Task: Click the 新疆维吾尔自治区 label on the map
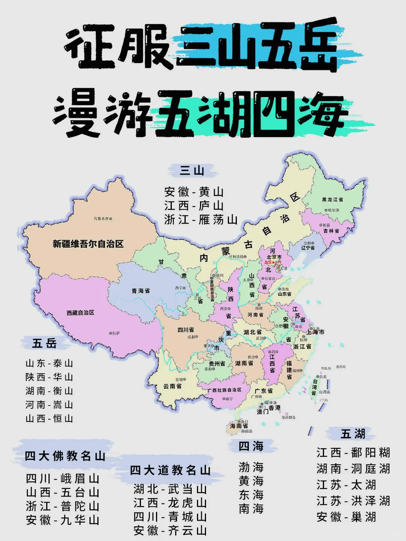tap(88, 244)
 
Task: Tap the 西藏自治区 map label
tap(80, 313)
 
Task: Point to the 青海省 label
tap(141, 291)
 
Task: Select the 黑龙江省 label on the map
tap(332, 199)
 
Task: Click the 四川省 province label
tap(186, 330)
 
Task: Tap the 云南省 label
tap(172, 386)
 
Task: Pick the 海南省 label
tap(239, 426)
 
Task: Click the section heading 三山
tap(192, 171)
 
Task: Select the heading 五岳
tap(45, 343)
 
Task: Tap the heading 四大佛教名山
tap(65, 456)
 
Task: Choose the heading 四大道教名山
tap(170, 470)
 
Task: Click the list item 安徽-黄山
tap(194, 192)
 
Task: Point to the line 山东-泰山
tap(49, 363)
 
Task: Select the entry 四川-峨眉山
tap(62, 478)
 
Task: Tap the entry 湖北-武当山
tap(170, 489)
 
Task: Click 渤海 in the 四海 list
tap(251, 467)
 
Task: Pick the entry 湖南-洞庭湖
tap(353, 468)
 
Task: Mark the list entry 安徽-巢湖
tap(346, 517)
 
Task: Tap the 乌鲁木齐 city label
tap(102, 219)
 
